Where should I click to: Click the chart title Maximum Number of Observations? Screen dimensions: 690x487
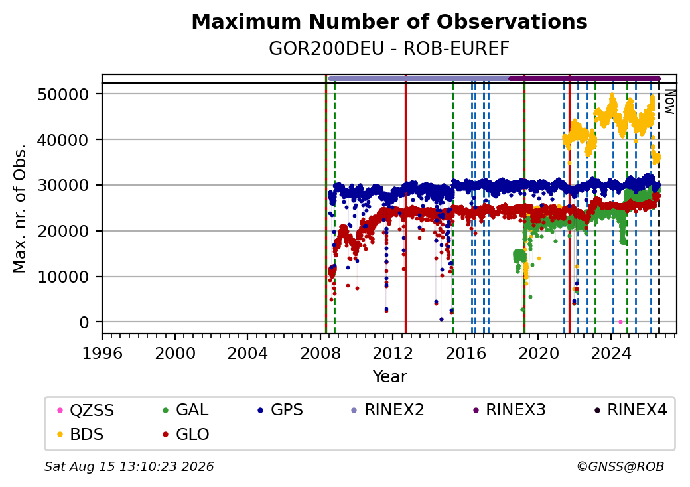pyautogui.click(x=389, y=21)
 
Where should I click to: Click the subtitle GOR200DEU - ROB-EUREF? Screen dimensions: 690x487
pyautogui.click(x=389, y=49)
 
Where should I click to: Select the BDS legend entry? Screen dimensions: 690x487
pyautogui.click(x=80, y=434)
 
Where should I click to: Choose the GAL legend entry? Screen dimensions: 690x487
pyautogui.click(x=185, y=410)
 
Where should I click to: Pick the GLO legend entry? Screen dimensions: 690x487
pyautogui.click(x=186, y=434)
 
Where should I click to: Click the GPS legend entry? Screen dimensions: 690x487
pyautogui.click(x=280, y=410)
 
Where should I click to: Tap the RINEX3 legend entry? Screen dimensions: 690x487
pyautogui.click(x=509, y=410)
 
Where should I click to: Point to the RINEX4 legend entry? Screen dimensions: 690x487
pyautogui.click(x=630, y=410)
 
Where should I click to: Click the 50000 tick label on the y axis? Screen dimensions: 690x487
pyautogui.click(x=64, y=94)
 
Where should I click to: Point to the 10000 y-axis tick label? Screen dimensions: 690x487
pyautogui.click(x=64, y=277)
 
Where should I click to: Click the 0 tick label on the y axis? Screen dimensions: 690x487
pyautogui.click(x=84, y=323)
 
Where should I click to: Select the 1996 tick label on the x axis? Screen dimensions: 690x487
pyautogui.click(x=102, y=353)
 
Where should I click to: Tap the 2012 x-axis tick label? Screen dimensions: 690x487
pyautogui.click(x=393, y=353)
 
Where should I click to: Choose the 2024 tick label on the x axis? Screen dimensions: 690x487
pyautogui.click(x=611, y=353)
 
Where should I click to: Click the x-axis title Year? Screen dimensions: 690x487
pyautogui.click(x=390, y=377)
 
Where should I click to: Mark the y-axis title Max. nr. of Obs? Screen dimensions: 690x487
pyautogui.click(x=20, y=208)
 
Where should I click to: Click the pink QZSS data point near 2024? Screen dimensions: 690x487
pyautogui.click(x=620, y=322)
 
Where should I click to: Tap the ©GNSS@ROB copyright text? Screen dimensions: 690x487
pyautogui.click(x=620, y=466)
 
